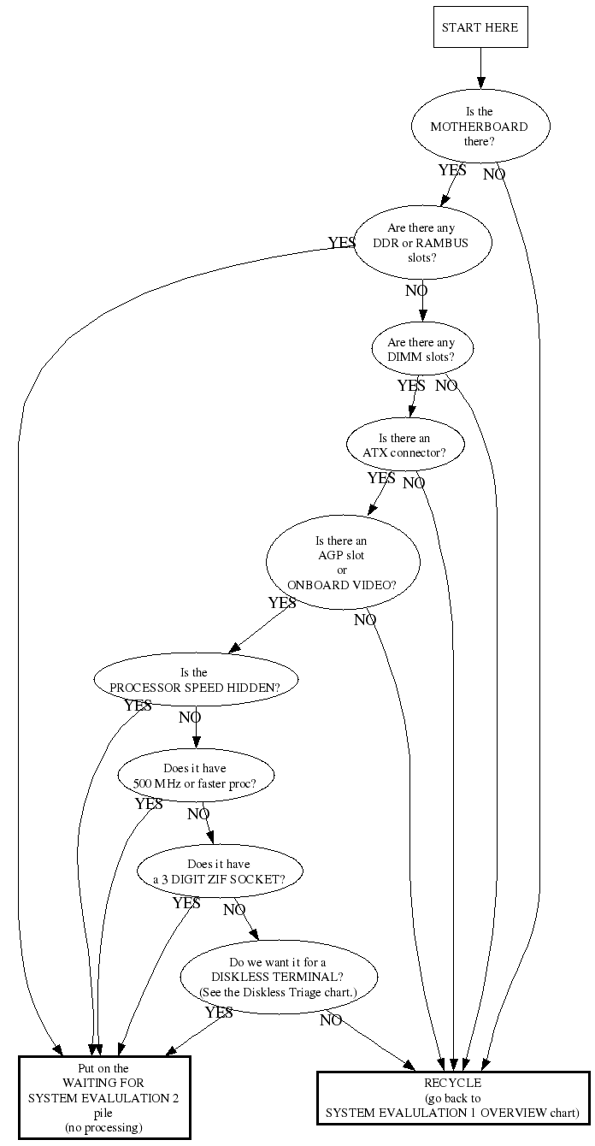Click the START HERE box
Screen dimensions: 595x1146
tap(480, 27)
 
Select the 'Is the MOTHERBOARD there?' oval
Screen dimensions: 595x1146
tap(480, 127)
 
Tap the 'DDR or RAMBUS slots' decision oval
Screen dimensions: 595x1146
tap(422, 243)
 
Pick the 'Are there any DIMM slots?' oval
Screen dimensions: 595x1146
tap(422, 350)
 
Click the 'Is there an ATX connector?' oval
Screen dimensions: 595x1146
tap(405, 445)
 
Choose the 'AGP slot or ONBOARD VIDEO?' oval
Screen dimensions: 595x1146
tap(343, 562)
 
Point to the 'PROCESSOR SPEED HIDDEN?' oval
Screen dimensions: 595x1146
tap(196, 680)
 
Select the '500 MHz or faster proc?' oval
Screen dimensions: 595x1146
tap(196, 776)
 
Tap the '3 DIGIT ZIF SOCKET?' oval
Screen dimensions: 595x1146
tap(220, 871)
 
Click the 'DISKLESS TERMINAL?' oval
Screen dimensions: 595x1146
tap(279, 978)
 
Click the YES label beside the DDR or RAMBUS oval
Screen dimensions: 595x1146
tap(342, 242)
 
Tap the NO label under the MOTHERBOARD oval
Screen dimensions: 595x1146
tap(494, 174)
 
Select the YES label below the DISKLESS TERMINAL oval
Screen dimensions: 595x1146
tap(219, 1012)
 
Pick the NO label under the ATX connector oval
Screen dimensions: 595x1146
tap(414, 483)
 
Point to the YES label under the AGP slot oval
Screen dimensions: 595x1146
tap(282, 603)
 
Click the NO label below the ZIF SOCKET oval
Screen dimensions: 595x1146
tap(234, 910)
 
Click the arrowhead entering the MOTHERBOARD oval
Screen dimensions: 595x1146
tap(480, 83)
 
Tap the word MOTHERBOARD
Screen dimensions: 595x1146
tap(480, 127)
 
